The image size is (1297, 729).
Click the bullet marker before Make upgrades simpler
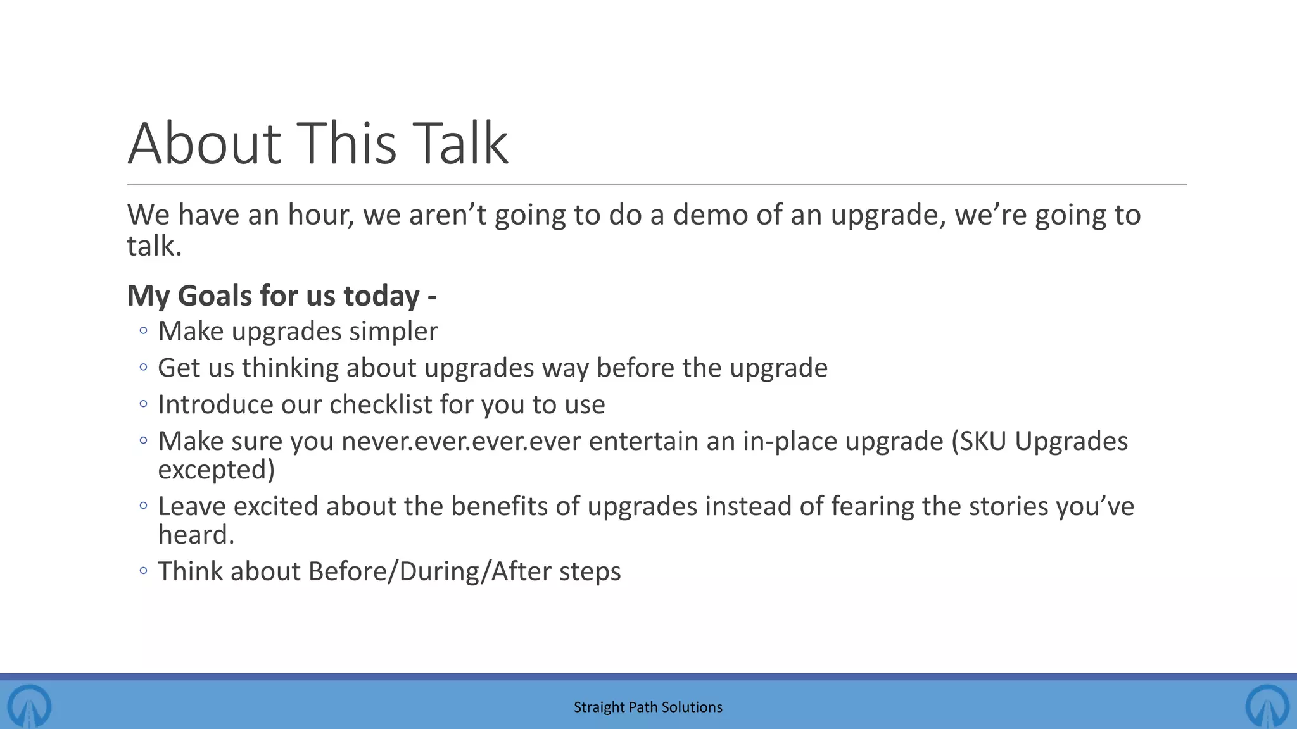pyautogui.click(x=143, y=330)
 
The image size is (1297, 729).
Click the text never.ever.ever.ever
pyautogui.click(x=461, y=442)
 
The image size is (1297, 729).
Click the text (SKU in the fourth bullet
pyautogui.click(x=979, y=442)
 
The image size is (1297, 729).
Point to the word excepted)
pyautogui.click(x=217, y=470)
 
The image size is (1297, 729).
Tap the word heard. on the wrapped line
pyautogui.click(x=196, y=535)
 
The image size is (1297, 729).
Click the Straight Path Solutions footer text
pyautogui.click(x=648, y=707)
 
